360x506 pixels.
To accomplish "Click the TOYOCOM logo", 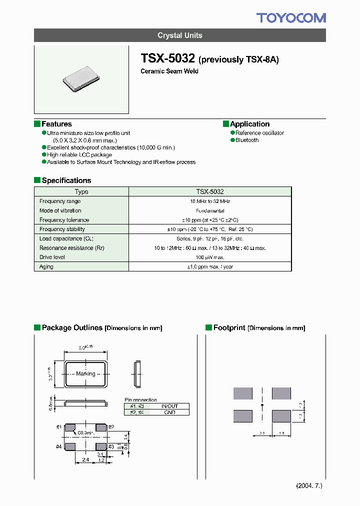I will tap(291, 18).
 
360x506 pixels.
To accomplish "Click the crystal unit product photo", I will tap(81, 79).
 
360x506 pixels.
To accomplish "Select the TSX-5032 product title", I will tap(168, 58).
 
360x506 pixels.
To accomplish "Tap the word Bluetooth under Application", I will tap(247, 140).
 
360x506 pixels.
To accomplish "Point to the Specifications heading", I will tap(66, 180).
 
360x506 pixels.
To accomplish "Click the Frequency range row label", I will tap(60, 201).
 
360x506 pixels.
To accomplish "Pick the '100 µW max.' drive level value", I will tap(210, 257).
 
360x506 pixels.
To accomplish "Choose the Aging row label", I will tap(46, 266).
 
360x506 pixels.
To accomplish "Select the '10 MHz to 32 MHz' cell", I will tap(210, 201).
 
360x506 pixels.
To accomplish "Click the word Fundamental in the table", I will tap(210, 210).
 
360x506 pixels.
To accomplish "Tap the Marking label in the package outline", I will tap(85, 373).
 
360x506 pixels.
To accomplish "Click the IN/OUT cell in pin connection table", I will tap(169, 406).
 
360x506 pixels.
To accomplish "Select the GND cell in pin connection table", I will tap(169, 412).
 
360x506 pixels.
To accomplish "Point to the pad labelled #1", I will tap(70, 427).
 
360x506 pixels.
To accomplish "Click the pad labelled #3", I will tap(101, 446).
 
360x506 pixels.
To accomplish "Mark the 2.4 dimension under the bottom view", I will tap(85, 459).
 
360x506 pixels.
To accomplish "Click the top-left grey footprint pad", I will tap(243, 393).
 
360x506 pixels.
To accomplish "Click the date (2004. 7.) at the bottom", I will tap(309, 486).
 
